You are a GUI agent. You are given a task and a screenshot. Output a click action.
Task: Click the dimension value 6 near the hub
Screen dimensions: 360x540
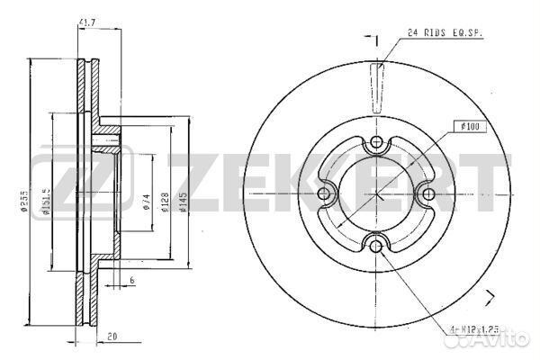131,281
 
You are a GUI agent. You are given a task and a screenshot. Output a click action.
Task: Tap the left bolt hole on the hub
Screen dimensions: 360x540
327,193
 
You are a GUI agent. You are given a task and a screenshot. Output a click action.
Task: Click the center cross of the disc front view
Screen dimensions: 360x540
376,193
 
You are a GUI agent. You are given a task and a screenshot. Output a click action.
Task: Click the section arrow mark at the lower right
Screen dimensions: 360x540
490,298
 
